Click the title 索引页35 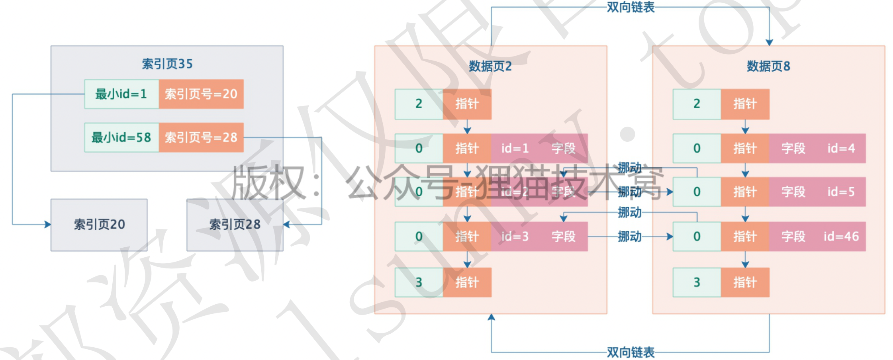point(167,64)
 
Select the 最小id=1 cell point(121,94)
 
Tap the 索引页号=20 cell point(201,94)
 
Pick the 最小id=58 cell point(121,137)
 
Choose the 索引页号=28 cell point(201,137)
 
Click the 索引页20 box point(99,225)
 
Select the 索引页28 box point(235,225)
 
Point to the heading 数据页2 point(490,66)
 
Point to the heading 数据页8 point(768,66)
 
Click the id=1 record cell point(515,148)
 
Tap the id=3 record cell point(515,237)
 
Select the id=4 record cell point(841,148)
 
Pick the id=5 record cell point(841,192)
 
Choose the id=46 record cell point(841,237)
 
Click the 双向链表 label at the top point(631,7)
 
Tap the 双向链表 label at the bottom point(631,352)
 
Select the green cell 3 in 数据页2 point(419,282)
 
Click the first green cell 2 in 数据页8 point(697,104)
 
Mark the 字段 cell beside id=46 point(793,237)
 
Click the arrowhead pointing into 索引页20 point(48,225)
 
